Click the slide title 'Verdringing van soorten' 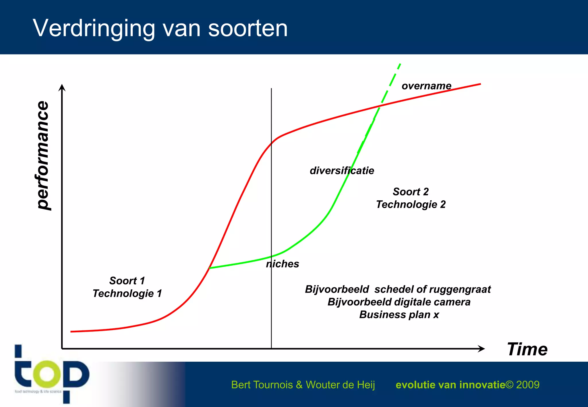point(160,28)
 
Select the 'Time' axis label point(527,349)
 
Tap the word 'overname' point(426,86)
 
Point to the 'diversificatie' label point(342,170)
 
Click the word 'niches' point(283,264)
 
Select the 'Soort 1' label point(127,280)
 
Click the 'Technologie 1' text point(127,293)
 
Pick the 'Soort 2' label point(411,191)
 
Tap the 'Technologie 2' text point(411,204)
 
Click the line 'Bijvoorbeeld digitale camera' point(399,302)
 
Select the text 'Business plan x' point(399,315)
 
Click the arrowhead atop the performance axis point(62,87)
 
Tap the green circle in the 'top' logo point(47,374)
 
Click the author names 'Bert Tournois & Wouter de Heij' point(303,385)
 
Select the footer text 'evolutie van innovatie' point(450,385)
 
